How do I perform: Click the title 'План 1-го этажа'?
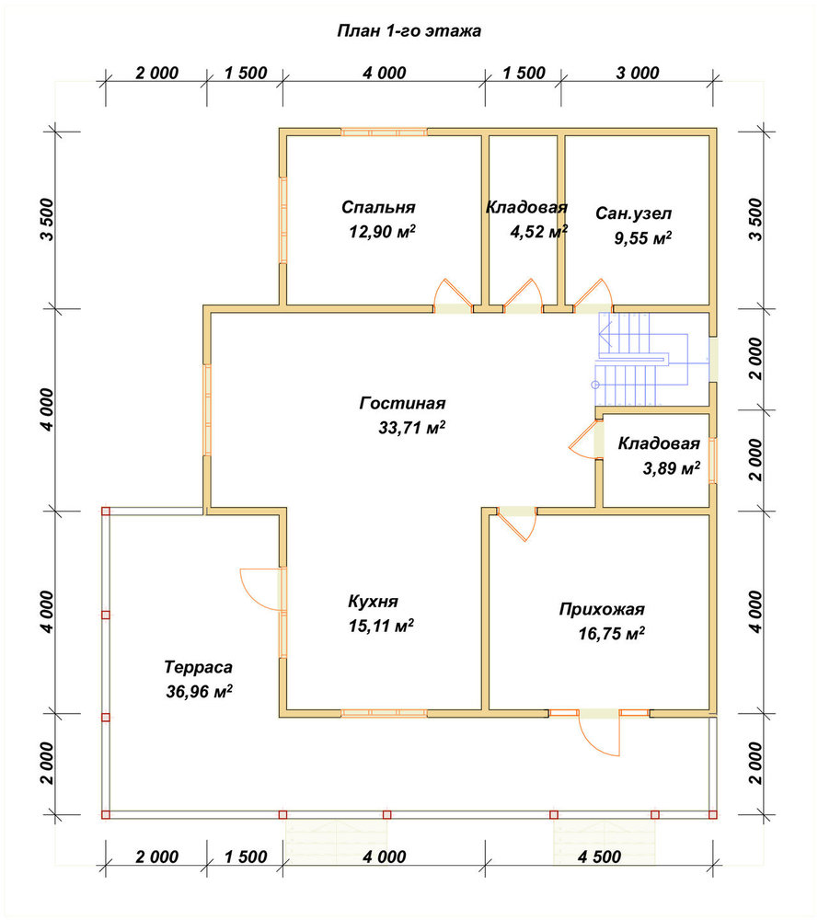[409, 31]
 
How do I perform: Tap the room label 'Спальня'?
[378, 207]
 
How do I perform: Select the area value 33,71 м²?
[412, 428]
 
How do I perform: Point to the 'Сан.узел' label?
[634, 213]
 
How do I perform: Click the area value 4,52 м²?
[538, 232]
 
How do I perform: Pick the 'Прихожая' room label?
[602, 610]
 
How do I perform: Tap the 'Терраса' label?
[199, 667]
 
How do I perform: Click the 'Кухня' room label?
[374, 602]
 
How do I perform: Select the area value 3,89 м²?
[672, 468]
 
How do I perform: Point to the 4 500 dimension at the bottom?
[599, 857]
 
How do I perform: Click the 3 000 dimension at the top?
[638, 73]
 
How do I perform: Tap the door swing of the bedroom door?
[453, 294]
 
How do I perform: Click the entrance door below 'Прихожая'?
[599, 733]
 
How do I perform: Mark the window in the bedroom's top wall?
[384, 132]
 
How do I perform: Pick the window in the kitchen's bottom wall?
[384, 714]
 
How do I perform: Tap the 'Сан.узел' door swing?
[593, 294]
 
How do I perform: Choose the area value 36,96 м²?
[199, 692]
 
